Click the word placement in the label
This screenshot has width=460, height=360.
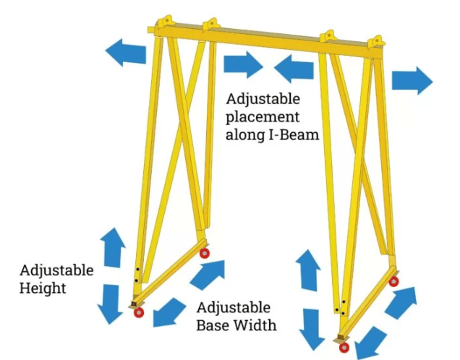261,116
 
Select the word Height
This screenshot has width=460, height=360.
44,288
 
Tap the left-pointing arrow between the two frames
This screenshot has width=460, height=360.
293,70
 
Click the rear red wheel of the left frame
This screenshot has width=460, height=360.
205,252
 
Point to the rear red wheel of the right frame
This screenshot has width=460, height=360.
393,280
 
